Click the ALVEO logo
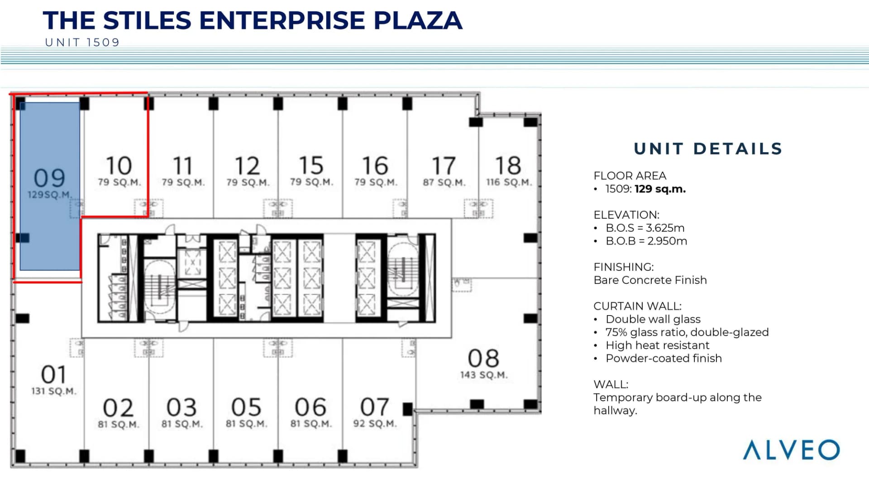coord(791,450)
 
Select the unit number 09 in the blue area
coord(49,178)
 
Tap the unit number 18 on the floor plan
coord(508,165)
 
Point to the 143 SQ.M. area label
coord(484,375)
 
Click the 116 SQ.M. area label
coord(509,182)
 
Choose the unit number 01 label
coord(54,374)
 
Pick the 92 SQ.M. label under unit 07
coord(375,424)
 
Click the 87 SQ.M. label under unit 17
coord(444,182)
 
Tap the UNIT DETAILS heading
coord(708,149)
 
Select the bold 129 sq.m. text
coord(660,189)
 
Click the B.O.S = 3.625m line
coord(645,228)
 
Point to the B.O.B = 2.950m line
coord(646,241)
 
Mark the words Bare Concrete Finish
coord(650,280)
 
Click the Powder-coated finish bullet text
coord(664,358)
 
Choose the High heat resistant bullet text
coord(657,345)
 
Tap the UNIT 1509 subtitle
coord(82,43)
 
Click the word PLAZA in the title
coord(418,20)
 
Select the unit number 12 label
coord(247,166)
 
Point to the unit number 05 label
coord(246,407)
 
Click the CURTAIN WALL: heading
coord(637,306)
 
